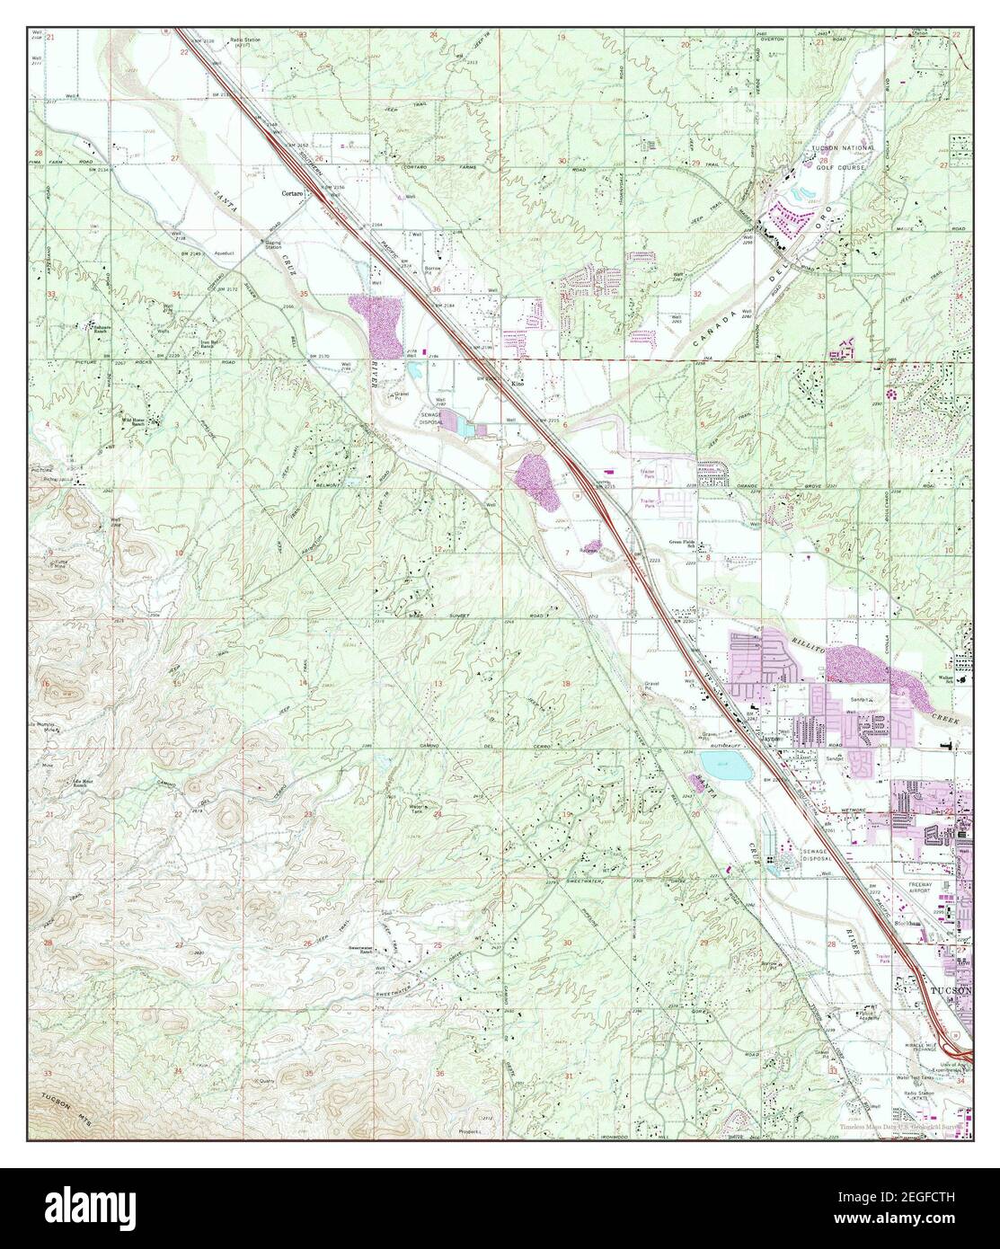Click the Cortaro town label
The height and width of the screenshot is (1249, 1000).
[x=290, y=193]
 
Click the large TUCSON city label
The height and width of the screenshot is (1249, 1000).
[x=950, y=988]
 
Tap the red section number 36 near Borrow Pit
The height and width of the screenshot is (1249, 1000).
[x=436, y=288]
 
